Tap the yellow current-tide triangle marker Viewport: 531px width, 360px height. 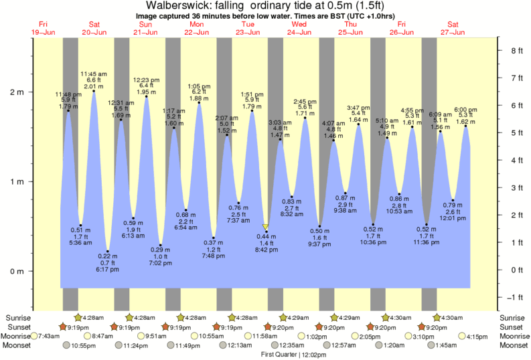tap(266, 228)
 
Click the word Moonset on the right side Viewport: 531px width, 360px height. tap(514, 345)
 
